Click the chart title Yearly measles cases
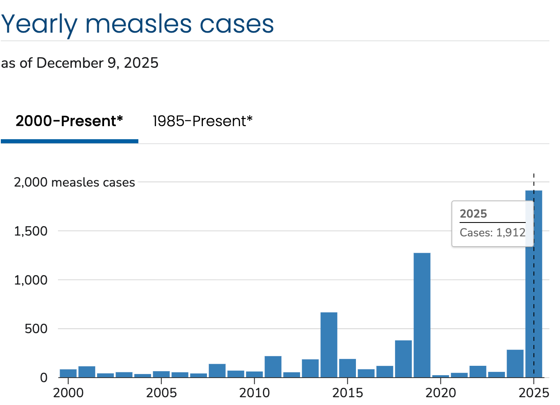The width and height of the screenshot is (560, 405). coord(137,24)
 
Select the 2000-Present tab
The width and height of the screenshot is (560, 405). coord(69,121)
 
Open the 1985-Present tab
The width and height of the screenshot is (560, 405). coord(202,121)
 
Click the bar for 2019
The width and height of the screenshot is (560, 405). coord(422,315)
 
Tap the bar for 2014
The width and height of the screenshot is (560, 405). coord(329,345)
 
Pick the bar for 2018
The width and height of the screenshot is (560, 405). coord(403,358)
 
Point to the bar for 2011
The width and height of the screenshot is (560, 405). coord(273,367)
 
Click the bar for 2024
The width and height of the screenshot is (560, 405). coord(515,363)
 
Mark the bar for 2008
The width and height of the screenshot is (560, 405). coord(217,370)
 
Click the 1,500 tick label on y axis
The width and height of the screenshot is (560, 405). coord(31,231)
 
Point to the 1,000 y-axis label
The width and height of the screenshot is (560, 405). coord(31,280)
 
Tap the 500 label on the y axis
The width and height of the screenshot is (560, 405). coord(36,329)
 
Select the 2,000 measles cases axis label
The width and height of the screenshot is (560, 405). coord(74,182)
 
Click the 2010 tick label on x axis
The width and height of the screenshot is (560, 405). coord(254,393)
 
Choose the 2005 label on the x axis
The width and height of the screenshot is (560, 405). coord(161,393)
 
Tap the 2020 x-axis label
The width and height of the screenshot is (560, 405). coord(440,393)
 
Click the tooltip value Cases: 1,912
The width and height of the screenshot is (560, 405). coord(492,233)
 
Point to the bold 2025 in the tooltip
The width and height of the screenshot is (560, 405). coord(473,214)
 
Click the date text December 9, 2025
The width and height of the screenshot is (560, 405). coord(98,63)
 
